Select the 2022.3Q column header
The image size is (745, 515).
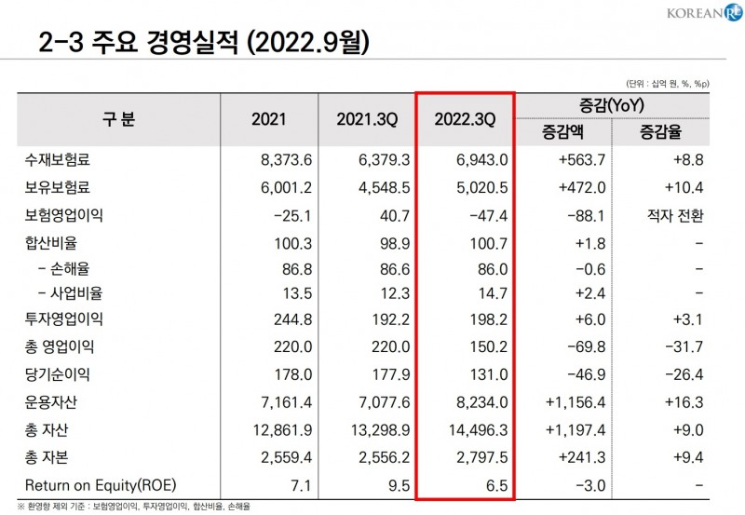point(466,120)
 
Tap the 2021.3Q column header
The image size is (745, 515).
point(367,120)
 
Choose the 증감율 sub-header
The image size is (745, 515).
point(660,133)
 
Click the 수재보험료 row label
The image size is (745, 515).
point(58,160)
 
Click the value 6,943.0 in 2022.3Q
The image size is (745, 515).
point(482,160)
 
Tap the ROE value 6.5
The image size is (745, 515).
point(496,485)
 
